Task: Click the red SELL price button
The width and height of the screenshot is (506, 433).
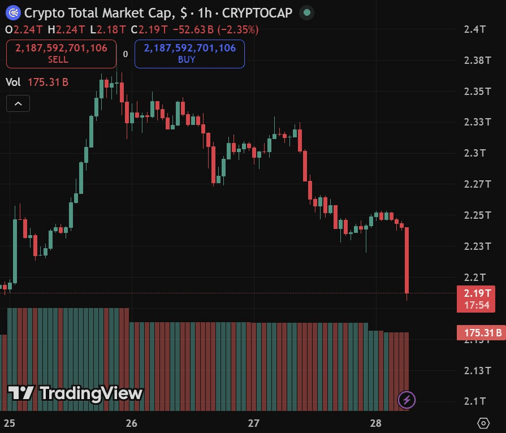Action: point(61,54)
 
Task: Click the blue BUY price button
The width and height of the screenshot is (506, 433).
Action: point(189,54)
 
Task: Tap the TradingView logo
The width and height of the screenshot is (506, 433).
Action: point(75,393)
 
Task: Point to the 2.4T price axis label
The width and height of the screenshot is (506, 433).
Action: point(475,29)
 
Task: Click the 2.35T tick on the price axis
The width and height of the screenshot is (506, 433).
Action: point(475,91)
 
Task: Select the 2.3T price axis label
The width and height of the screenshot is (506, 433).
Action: point(475,153)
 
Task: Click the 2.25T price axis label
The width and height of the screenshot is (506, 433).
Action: point(475,215)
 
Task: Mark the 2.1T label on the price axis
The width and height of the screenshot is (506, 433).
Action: point(475,401)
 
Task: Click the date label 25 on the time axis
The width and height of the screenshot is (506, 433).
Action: point(10,423)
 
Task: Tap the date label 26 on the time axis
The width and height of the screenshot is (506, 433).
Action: point(132,423)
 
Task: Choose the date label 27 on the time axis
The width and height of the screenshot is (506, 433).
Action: point(253,423)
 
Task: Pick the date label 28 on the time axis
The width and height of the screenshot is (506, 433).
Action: point(375,423)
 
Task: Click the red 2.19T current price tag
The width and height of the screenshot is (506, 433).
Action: point(475,299)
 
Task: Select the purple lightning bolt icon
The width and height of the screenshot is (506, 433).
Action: point(407,400)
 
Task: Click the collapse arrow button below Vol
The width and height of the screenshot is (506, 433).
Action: point(18,104)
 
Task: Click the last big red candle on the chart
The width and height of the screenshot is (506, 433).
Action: point(407,260)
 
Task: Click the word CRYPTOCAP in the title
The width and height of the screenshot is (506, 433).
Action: point(258,12)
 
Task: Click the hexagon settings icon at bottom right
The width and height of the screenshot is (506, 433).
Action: point(483,423)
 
